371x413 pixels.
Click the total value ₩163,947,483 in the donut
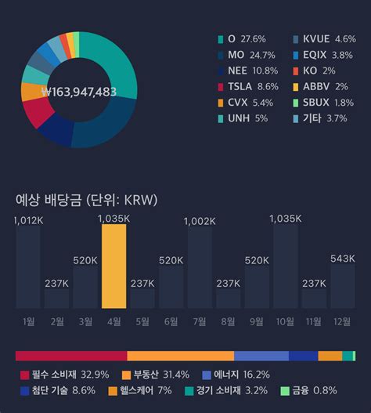(x=78, y=92)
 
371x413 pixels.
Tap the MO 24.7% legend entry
(x=245, y=55)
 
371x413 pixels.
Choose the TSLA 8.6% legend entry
(x=247, y=87)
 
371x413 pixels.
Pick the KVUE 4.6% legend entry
(x=318, y=38)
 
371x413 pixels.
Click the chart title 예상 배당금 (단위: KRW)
(x=86, y=200)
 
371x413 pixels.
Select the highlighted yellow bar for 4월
(x=113, y=266)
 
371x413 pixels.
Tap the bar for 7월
(x=199, y=267)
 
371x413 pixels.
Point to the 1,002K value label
(x=199, y=221)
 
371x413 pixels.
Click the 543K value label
(x=342, y=259)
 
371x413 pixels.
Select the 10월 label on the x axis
(x=285, y=321)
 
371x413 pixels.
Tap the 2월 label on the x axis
(x=56, y=321)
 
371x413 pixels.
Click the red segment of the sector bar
(x=70, y=356)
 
